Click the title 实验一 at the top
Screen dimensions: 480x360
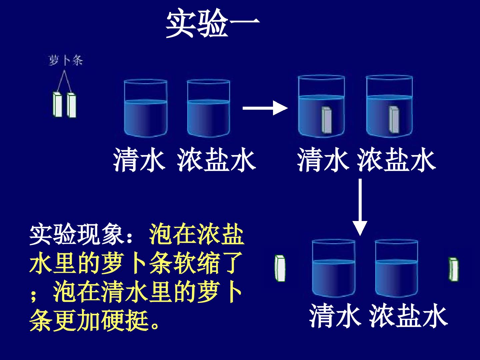pyautogui.click(x=213, y=23)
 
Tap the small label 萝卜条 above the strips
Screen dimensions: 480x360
pyautogui.click(x=66, y=60)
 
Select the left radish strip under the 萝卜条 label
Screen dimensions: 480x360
pyautogui.click(x=58, y=104)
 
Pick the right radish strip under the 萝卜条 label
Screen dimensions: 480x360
pyautogui.click(x=71, y=105)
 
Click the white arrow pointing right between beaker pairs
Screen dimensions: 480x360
pyautogui.click(x=265, y=108)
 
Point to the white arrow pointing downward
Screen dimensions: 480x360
pyautogui.click(x=360, y=207)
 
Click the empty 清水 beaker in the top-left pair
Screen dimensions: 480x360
pyautogui.click(x=146, y=108)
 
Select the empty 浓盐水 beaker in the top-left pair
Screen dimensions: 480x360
pyautogui.click(x=209, y=108)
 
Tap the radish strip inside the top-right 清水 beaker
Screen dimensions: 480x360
pyautogui.click(x=327, y=120)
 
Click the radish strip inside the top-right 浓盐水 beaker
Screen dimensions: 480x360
pyautogui.click(x=394, y=120)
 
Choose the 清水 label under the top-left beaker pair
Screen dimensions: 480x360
pyautogui.click(x=139, y=160)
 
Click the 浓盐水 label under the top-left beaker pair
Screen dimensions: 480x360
pyautogui.click(x=216, y=160)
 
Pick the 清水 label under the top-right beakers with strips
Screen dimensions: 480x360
pyautogui.click(x=323, y=160)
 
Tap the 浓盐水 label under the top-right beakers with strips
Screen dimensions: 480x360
pyautogui.click(x=396, y=160)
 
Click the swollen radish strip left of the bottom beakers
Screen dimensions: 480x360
pyautogui.click(x=280, y=268)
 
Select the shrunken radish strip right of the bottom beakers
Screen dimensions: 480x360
pyautogui.click(x=454, y=269)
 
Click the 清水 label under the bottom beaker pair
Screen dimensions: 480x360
pyautogui.click(x=335, y=316)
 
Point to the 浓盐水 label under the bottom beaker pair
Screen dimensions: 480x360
pyautogui.click(x=408, y=316)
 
